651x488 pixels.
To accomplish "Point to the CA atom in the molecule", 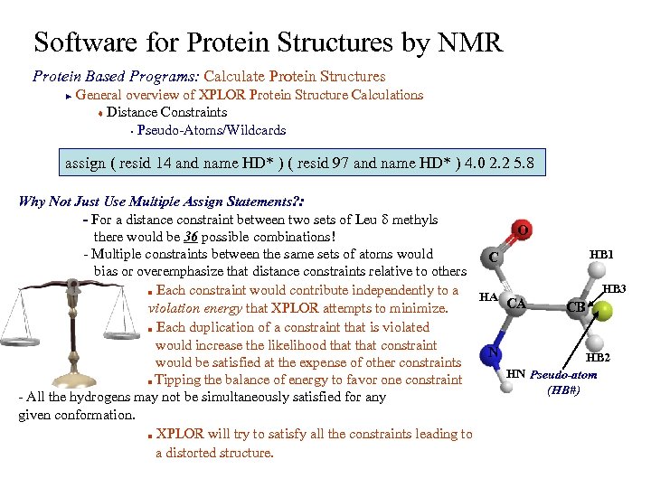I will (x=516, y=304).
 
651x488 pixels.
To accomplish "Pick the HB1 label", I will (x=601, y=255).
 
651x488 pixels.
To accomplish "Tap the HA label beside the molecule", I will (x=488, y=296).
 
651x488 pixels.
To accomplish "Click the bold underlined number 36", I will (x=191, y=237).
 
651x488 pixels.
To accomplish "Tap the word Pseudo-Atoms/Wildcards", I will (x=211, y=130).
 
